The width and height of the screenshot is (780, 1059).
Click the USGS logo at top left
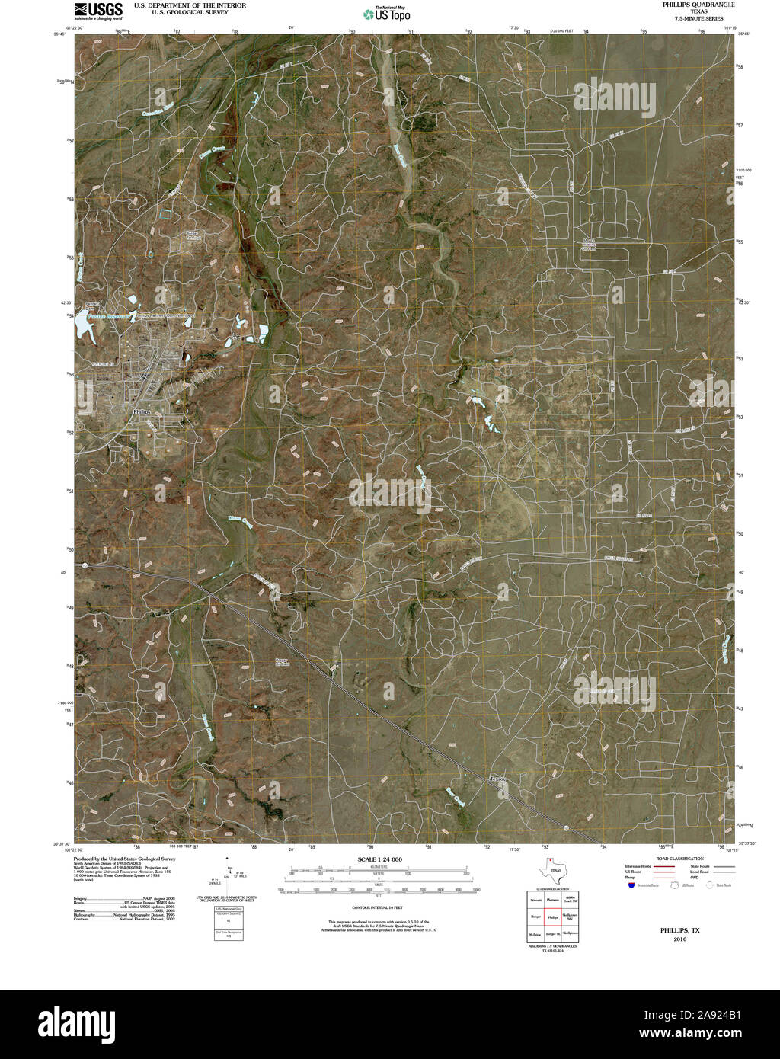[x=98, y=10]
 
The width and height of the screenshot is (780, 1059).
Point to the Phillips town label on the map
[x=142, y=411]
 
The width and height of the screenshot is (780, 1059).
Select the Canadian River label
[x=157, y=114]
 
